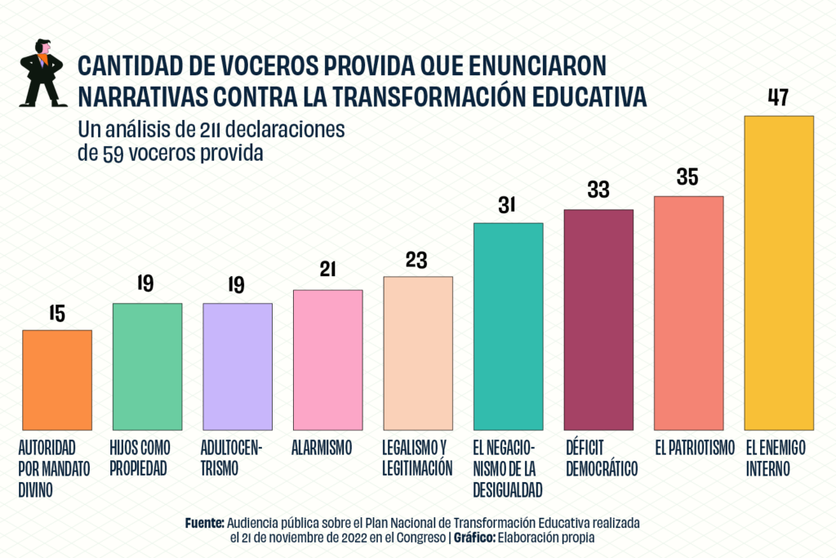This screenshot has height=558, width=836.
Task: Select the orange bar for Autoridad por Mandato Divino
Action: pyautogui.click(x=57, y=379)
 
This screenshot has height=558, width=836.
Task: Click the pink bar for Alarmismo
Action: pyautogui.click(x=327, y=359)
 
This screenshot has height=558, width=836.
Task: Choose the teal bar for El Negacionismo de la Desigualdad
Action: pyautogui.click(x=508, y=326)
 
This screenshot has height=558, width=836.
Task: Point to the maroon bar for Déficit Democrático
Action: pyautogui.click(x=598, y=319)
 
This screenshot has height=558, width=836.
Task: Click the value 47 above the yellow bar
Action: pyautogui.click(x=779, y=97)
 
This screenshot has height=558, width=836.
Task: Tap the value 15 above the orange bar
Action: pyautogui.click(x=56, y=313)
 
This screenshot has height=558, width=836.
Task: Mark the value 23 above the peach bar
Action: pyautogui.click(x=417, y=259)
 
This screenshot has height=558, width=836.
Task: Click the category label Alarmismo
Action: pyautogui.click(x=321, y=448)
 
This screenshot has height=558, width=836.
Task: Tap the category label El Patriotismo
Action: pyautogui.click(x=689, y=448)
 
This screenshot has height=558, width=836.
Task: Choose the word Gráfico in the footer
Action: pyautogui.click(x=477, y=538)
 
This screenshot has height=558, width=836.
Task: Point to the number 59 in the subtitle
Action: pyautogui.click(x=113, y=154)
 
